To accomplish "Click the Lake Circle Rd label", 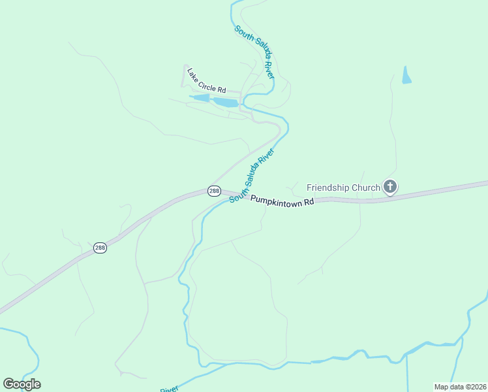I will pyautogui.click(x=206, y=80).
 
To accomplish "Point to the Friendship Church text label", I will pyautogui.click(x=343, y=188).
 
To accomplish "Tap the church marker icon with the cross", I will pyautogui.click(x=390, y=188).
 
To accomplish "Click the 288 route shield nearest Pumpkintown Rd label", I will pyautogui.click(x=214, y=191).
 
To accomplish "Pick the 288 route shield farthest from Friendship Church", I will pyautogui.click(x=100, y=248).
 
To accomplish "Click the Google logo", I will pyautogui.click(x=22, y=384).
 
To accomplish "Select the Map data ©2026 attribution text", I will pyautogui.click(x=460, y=387).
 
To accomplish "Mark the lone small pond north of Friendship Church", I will pyautogui.click(x=407, y=75).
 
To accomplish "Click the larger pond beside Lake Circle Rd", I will pyautogui.click(x=226, y=103).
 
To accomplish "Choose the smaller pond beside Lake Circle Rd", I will pyautogui.click(x=200, y=98).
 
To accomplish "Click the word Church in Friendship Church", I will pyautogui.click(x=366, y=188).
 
